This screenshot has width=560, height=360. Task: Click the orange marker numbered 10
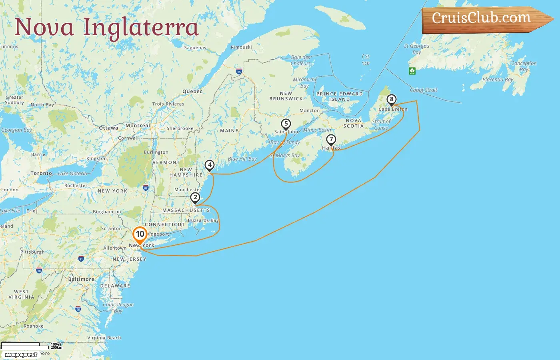(140, 234)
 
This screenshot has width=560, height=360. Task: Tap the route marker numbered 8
(391, 100)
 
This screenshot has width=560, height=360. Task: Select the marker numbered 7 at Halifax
(331, 140)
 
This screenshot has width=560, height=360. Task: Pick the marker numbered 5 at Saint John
(286, 124)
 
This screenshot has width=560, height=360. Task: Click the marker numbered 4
(209, 165)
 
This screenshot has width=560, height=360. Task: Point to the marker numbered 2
(195, 198)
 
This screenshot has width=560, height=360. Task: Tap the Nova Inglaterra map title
(106, 27)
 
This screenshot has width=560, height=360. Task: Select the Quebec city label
(192, 91)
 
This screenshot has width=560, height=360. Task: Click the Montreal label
(138, 126)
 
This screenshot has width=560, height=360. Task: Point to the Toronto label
(41, 173)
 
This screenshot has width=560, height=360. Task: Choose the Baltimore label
(81, 279)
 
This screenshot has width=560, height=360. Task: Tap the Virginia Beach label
(104, 338)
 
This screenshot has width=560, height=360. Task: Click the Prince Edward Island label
(340, 96)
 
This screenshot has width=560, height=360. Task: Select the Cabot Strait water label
(424, 90)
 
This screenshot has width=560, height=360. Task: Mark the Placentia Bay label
(498, 80)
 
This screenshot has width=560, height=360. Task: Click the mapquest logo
(21, 355)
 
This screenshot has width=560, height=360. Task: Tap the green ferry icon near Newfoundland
(412, 71)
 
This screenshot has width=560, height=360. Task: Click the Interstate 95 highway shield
(78, 309)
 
